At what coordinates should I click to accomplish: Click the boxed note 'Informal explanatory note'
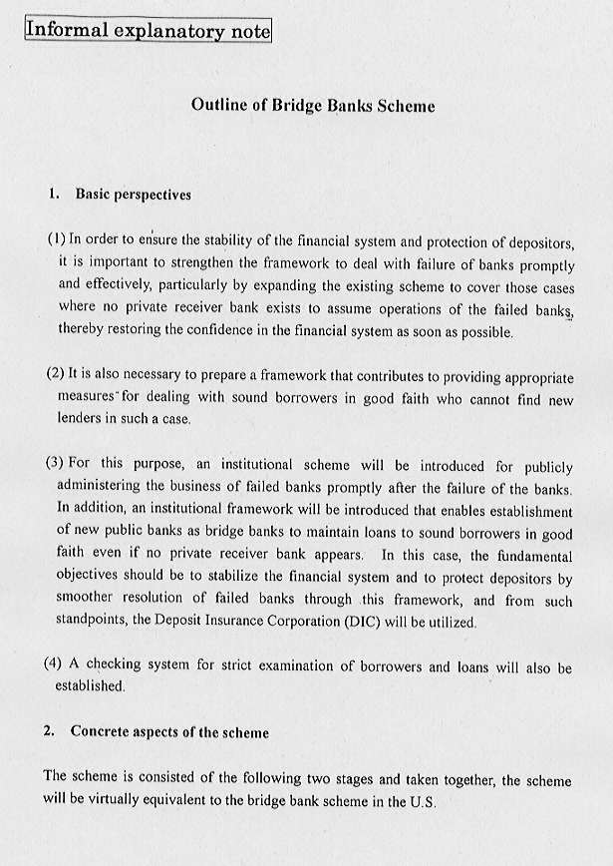147,30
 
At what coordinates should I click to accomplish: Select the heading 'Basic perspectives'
133,195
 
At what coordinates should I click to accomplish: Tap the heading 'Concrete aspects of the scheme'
169,731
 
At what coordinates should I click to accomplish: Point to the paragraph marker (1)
56,240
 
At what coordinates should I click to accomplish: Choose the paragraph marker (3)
56,464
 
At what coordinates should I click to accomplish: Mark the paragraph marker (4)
56,665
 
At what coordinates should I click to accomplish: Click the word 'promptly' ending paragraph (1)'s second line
545,264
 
